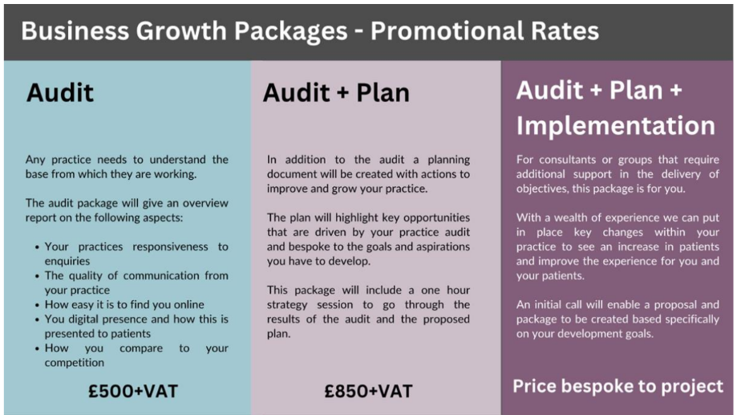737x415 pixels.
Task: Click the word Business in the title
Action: click(75, 31)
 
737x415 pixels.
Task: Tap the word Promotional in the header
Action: click(447, 31)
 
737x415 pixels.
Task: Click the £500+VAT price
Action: click(133, 391)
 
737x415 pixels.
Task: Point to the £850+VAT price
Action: click(369, 391)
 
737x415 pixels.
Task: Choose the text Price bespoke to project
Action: click(618, 386)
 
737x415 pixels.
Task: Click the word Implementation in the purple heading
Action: click(615, 126)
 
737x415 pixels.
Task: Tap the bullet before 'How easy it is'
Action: click(37, 305)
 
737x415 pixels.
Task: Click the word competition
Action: click(75, 363)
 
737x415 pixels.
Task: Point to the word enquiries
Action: click(67, 261)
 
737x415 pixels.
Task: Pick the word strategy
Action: click(287, 305)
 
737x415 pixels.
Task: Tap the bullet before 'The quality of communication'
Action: click(37, 275)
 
